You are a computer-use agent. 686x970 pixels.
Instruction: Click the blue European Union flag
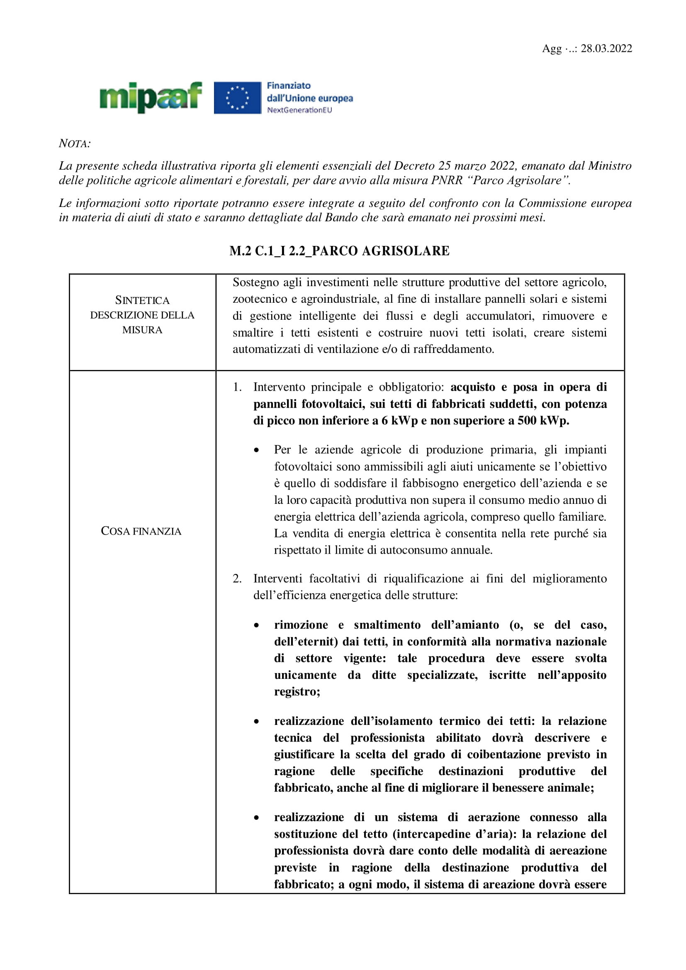click(237, 97)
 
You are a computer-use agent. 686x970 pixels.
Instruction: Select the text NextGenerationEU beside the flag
click(299, 110)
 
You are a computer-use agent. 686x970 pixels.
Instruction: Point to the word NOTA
click(75, 143)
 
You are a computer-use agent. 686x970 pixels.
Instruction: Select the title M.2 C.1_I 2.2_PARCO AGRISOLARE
click(339, 251)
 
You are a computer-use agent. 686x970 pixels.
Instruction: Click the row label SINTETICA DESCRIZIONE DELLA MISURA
click(142, 315)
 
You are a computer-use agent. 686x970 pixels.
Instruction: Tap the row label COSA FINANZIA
click(141, 531)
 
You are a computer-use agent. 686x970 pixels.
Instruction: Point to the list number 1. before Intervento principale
click(237, 387)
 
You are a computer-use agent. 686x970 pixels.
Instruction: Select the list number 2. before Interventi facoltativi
click(237, 579)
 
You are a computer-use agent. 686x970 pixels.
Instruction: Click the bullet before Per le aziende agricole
click(256, 450)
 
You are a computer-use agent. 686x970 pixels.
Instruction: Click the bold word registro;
click(297, 692)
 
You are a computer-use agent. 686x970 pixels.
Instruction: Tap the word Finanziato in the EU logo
click(289, 86)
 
